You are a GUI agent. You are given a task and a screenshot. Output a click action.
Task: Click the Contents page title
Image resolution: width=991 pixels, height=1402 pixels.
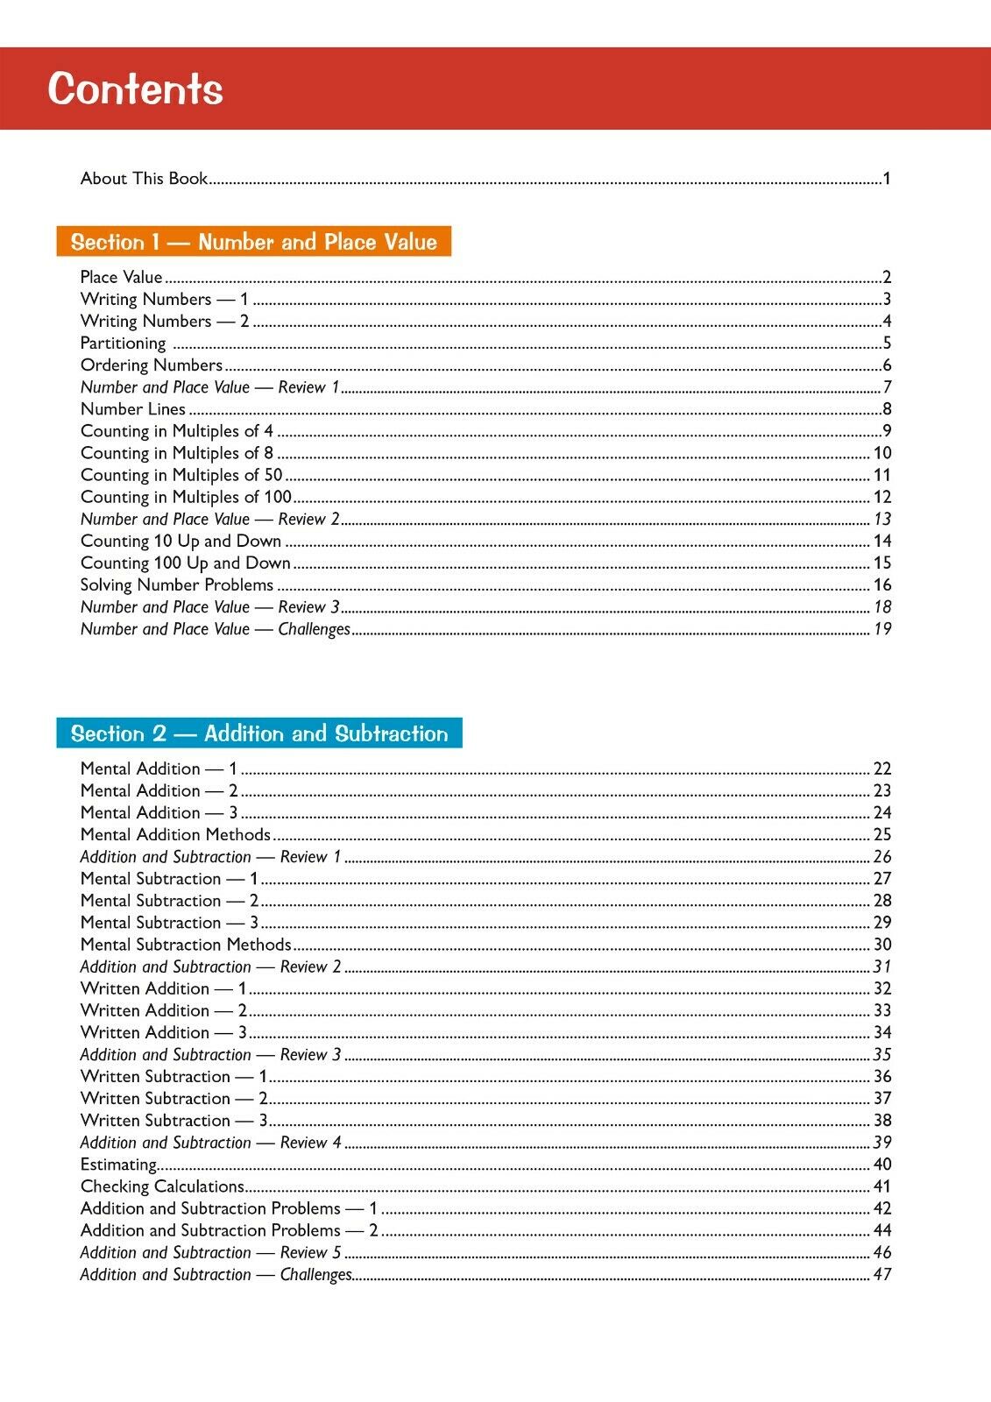click(x=135, y=89)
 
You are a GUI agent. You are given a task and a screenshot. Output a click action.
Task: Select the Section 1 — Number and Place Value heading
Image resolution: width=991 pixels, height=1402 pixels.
click(x=253, y=242)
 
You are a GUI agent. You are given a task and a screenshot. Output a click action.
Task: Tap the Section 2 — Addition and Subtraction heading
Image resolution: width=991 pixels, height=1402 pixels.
click(x=258, y=733)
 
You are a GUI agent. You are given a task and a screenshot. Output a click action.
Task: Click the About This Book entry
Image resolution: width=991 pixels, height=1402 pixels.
click(x=144, y=179)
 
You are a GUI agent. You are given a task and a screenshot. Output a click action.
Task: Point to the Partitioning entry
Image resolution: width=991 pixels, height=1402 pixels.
click(x=123, y=343)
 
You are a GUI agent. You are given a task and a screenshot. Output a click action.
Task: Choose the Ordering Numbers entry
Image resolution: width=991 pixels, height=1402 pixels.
click(x=152, y=365)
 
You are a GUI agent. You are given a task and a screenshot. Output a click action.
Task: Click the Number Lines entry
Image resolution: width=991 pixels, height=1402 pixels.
click(x=133, y=409)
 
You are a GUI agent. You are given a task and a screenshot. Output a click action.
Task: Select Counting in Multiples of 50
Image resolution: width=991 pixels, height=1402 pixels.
click(x=181, y=475)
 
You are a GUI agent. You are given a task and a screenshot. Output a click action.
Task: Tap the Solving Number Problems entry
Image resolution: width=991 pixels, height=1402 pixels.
click(x=177, y=584)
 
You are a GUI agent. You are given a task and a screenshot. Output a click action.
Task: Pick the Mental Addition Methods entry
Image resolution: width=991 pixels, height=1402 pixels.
click(x=175, y=835)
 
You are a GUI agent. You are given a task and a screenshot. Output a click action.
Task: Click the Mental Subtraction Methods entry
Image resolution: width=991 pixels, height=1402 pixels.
click(x=186, y=945)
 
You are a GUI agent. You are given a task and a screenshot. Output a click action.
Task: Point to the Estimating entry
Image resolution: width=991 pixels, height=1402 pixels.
click(x=118, y=1165)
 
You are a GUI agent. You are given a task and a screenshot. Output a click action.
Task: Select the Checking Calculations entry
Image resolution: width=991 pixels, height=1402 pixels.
click(x=162, y=1186)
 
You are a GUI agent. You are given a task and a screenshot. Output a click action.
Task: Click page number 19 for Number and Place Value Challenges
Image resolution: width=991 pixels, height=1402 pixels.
click(x=882, y=629)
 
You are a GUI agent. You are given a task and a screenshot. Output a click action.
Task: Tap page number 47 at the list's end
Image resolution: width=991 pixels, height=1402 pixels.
click(x=882, y=1275)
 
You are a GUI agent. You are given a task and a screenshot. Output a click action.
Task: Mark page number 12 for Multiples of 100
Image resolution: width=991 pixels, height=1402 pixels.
click(x=882, y=497)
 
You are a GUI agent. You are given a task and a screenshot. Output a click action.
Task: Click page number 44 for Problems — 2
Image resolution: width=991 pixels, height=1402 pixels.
click(x=882, y=1230)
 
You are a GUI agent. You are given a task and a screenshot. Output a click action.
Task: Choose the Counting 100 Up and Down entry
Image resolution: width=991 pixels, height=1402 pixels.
click(x=185, y=563)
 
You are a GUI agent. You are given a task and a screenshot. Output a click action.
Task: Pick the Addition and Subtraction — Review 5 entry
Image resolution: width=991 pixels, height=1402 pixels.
click(x=210, y=1253)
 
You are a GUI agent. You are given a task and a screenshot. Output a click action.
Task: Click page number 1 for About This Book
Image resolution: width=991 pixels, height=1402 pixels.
click(x=887, y=179)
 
